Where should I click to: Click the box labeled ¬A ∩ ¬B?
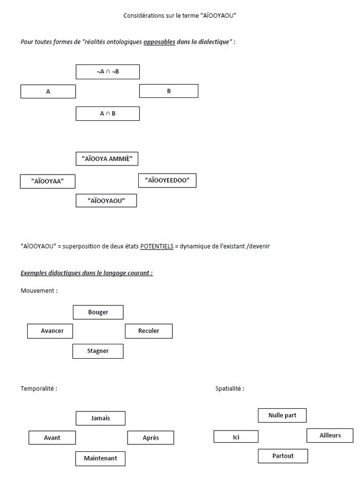tap(107, 72)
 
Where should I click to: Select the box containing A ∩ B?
tap(107, 114)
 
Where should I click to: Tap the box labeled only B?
tap(169, 91)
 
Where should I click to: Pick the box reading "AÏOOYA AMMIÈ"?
tap(107, 159)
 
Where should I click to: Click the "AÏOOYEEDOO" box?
tap(167, 180)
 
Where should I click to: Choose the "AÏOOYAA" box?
tap(48, 181)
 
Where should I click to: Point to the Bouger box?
tap(98, 312)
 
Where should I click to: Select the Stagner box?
tap(98, 351)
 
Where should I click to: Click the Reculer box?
tap(149, 331)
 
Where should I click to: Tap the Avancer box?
tap(50, 331)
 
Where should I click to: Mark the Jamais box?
tap(101, 418)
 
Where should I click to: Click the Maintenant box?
tap(101, 459)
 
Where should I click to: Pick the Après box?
tap(150, 438)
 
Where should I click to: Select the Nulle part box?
tap(282, 416)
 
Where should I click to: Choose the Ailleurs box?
tap(330, 435)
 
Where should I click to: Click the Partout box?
tap(283, 456)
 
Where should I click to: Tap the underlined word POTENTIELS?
tap(157, 246)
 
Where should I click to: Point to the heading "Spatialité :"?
tap(230, 389)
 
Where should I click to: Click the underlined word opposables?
tap(160, 42)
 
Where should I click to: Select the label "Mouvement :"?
tap(39, 291)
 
